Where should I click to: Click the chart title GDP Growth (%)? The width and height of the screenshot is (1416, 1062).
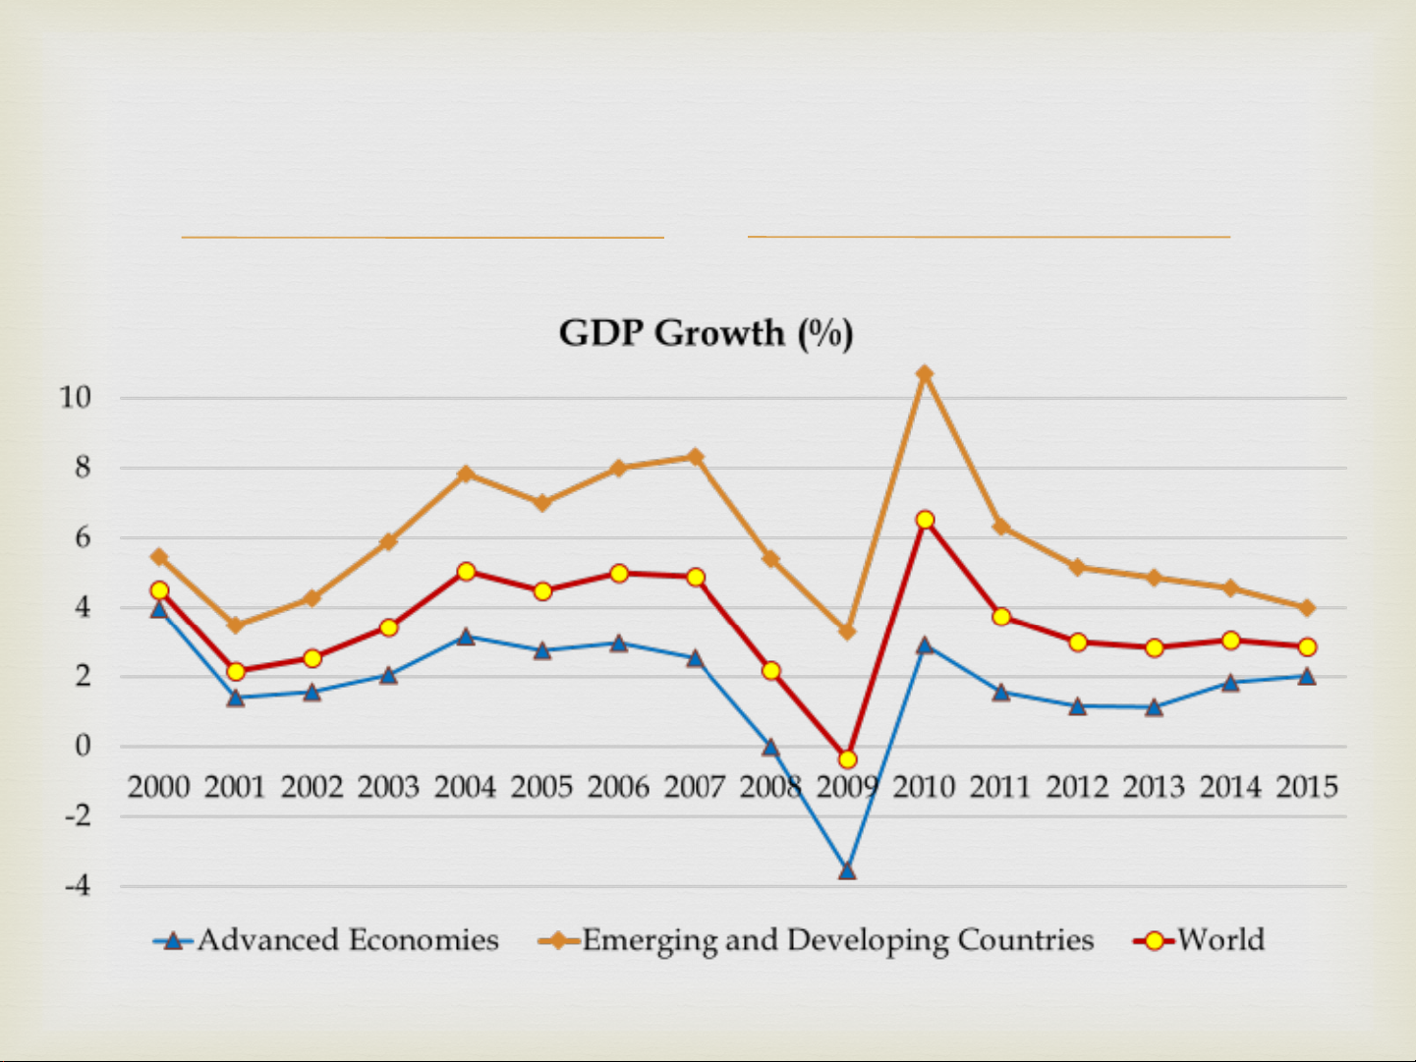tap(706, 334)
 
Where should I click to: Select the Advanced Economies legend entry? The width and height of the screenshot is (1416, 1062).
tap(347, 940)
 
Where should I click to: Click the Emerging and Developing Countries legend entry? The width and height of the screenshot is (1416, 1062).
tap(836, 940)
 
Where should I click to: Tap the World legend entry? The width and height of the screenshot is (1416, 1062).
tap(1220, 940)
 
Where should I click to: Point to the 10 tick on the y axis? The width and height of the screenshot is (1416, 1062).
tap(75, 398)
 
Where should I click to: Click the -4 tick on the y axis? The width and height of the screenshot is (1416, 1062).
tap(77, 886)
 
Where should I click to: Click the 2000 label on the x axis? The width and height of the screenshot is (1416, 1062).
tap(158, 787)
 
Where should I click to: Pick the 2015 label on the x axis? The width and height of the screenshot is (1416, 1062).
tap(1307, 787)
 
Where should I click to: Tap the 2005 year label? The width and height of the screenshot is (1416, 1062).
tap(541, 787)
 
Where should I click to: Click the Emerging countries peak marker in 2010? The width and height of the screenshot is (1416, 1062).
tap(925, 374)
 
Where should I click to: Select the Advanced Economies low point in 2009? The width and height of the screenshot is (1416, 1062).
tap(847, 870)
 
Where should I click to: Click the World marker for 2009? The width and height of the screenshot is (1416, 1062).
tap(847, 759)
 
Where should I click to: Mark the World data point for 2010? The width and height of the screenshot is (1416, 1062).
tap(925, 520)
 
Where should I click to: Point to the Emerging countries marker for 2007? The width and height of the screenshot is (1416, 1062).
tap(696, 457)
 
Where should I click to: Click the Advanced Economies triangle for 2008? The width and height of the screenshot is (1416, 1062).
tap(770, 748)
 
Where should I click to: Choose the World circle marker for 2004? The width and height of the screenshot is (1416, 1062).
tap(466, 572)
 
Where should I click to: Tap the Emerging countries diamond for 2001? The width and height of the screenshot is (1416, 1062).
tap(236, 625)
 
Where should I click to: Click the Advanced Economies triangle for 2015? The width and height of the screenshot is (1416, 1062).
tap(1307, 676)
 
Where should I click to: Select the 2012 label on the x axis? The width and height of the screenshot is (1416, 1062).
tap(1077, 787)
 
